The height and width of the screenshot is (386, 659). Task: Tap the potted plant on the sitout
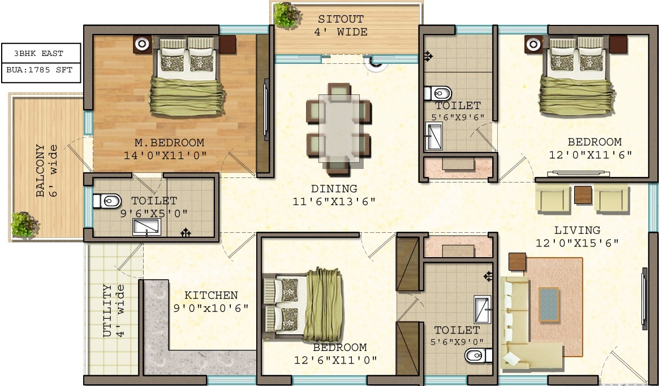(286, 14)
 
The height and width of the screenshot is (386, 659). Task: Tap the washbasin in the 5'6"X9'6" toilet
(434, 136)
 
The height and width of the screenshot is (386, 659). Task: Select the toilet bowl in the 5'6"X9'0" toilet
(476, 355)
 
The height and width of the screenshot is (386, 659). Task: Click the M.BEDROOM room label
(169, 142)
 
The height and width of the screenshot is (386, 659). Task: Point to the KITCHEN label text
(211, 295)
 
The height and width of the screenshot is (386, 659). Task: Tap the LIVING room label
(577, 230)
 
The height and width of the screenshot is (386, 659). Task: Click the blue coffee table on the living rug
(549, 303)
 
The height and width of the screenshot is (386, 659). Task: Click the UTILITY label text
(107, 311)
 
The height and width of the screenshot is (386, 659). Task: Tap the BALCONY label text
(41, 171)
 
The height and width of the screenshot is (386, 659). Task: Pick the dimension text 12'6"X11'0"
(335, 360)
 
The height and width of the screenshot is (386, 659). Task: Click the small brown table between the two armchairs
(582, 195)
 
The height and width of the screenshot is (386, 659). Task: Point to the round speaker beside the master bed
(142, 43)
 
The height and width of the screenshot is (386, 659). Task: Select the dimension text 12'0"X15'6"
(577, 244)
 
